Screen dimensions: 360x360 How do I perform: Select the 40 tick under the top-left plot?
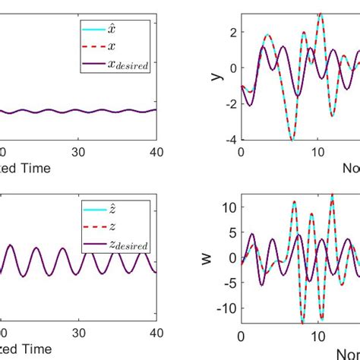pos(155,152)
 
